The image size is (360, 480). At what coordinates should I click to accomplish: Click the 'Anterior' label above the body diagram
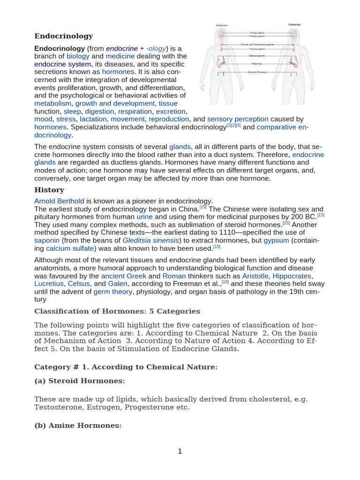coord(221,25)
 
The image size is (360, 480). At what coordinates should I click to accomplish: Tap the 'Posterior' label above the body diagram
coord(294,24)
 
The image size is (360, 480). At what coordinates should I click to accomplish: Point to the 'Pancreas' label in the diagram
coord(256,63)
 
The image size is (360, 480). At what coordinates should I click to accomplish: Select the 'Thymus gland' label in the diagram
coord(256,48)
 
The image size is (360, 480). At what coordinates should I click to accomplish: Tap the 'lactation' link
coord(93,119)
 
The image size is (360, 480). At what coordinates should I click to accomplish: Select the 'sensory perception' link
coord(238,119)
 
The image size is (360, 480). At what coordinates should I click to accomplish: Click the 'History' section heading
coord(49,190)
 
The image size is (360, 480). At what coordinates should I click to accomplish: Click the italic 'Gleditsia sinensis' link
coord(150,240)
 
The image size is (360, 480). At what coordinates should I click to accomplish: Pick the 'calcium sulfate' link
coord(64,248)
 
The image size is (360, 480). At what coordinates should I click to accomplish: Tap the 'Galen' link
coord(117,284)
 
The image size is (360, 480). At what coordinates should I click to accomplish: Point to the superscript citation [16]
coord(225,282)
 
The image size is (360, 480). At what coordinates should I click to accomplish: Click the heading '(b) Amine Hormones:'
coord(78,426)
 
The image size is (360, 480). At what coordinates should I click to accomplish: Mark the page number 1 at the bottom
coord(180,451)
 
